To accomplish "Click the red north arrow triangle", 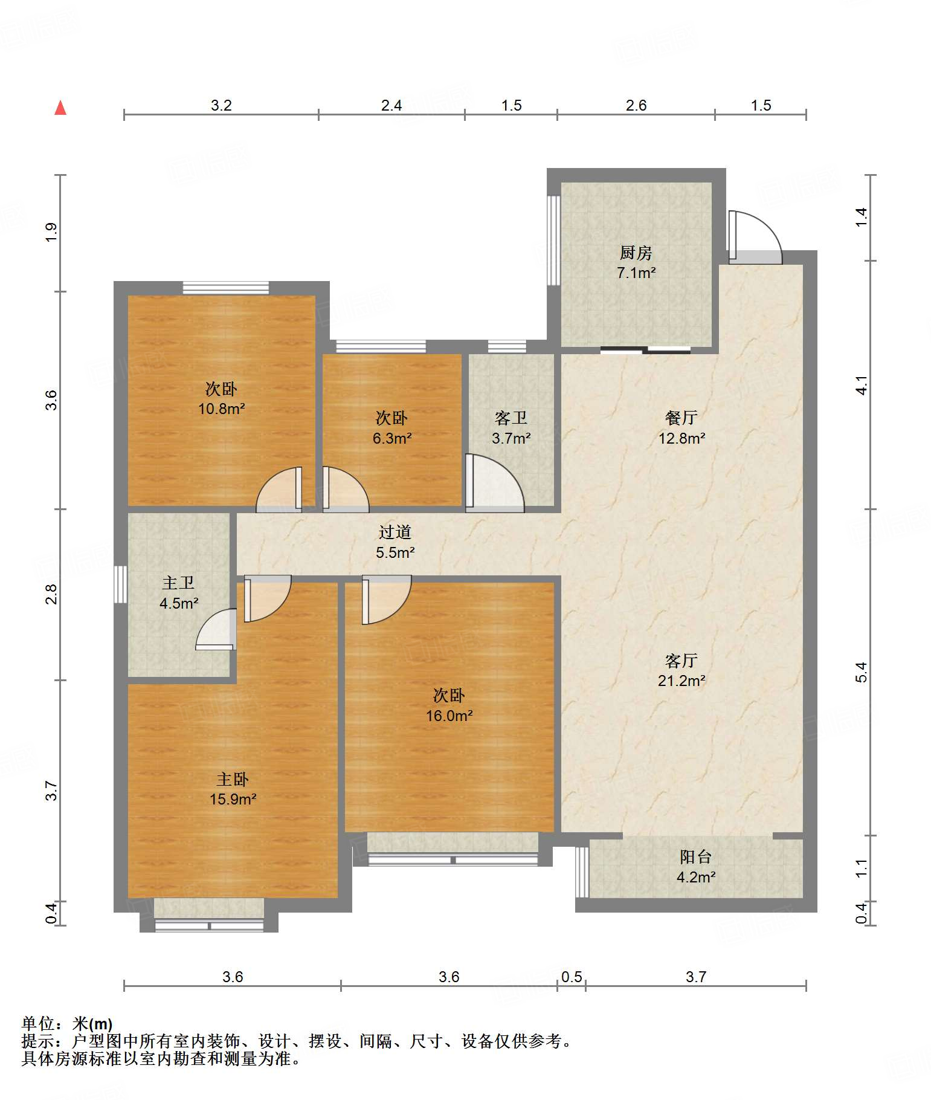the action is (x=60, y=108).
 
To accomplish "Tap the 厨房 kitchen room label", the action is (x=636, y=253).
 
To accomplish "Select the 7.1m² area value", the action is (x=636, y=273).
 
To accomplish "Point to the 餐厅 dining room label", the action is (x=681, y=418).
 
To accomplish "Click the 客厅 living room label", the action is (x=681, y=661).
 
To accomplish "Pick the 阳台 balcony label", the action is (x=695, y=856).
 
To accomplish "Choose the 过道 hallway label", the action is (x=395, y=532).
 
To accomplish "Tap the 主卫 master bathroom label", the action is (x=178, y=583).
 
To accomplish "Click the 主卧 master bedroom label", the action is (x=233, y=779).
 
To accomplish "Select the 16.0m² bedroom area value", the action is (x=449, y=716).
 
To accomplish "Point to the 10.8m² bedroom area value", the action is (x=221, y=409).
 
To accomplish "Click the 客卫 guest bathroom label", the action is (x=511, y=418).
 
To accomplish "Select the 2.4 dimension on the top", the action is (x=391, y=106).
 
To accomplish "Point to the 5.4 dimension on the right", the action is (x=862, y=672).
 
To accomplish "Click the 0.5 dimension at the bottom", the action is (x=572, y=977).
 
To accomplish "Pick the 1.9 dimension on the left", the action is (x=51, y=233).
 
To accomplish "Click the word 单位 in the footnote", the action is (x=38, y=1024).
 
